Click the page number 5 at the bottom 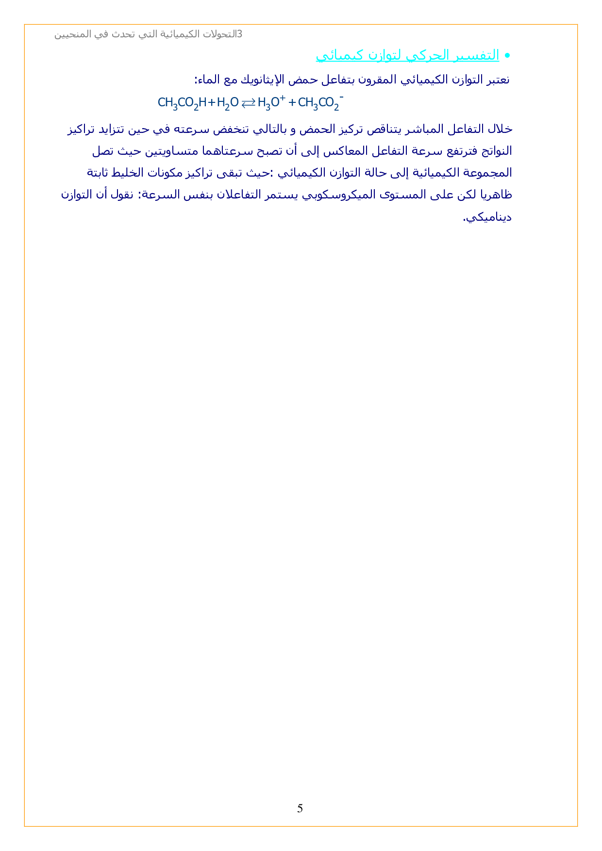pyautogui.click(x=300, y=808)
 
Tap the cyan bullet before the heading pyautogui.click(x=507, y=56)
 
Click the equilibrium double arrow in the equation pyautogui.click(x=248, y=102)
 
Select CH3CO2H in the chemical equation pyautogui.click(x=182, y=103)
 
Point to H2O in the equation pyautogui.click(x=228, y=103)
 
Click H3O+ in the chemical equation pyautogui.click(x=271, y=102)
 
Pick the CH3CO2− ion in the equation pyautogui.click(x=320, y=102)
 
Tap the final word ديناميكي pyautogui.click(x=487, y=217)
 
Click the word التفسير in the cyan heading pyautogui.click(x=478, y=55)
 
